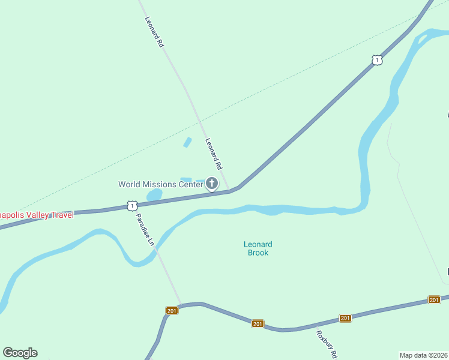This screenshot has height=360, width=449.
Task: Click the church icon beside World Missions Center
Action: [x=212, y=184]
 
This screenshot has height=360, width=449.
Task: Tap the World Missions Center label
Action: [x=161, y=184]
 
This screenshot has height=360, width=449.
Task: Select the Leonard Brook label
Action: [x=258, y=248]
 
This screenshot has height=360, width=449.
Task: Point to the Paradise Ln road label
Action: [x=145, y=230]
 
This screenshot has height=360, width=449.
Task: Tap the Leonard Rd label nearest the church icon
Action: [x=214, y=154]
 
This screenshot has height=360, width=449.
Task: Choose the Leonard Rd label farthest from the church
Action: [x=154, y=32]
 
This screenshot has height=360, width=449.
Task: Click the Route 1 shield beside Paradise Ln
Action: [x=131, y=206]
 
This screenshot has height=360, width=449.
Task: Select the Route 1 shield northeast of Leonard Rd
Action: [x=376, y=60]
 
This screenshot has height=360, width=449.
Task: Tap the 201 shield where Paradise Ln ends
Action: [x=172, y=310]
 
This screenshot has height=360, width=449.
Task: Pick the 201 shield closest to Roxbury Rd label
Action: [x=345, y=318]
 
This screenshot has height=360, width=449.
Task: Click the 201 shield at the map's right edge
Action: [x=434, y=299]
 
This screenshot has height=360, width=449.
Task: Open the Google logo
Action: [x=20, y=353]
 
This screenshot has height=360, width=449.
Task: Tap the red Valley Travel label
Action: [x=36, y=215]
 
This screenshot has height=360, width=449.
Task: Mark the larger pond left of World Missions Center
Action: [x=155, y=195]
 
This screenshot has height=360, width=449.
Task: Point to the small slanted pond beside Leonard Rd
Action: [x=187, y=142]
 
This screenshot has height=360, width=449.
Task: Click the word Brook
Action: [x=258, y=253]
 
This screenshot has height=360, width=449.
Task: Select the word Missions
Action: [x=161, y=184]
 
